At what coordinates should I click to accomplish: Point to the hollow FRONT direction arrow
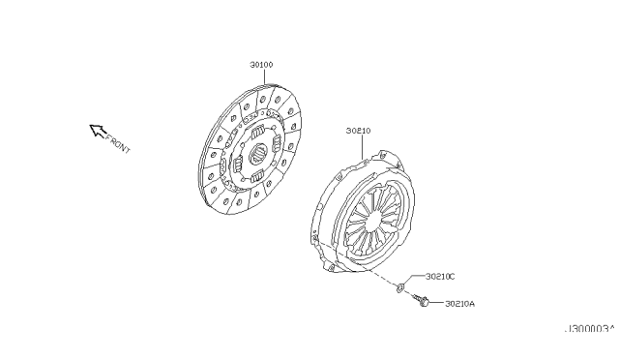97,130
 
